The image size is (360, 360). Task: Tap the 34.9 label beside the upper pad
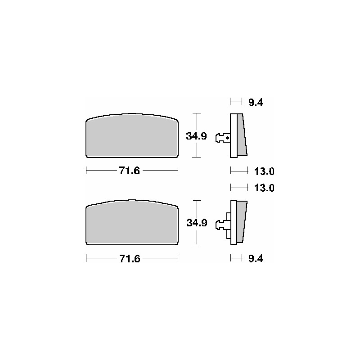pyautogui.click(x=197, y=136)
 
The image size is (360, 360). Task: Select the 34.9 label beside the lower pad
pyautogui.click(x=197, y=222)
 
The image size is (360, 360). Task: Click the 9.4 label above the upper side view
pyautogui.click(x=256, y=103)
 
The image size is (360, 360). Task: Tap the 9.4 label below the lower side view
pyautogui.click(x=256, y=258)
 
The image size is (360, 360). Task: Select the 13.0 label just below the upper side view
pyautogui.click(x=265, y=171)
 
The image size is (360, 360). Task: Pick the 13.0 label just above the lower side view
pyautogui.click(x=265, y=187)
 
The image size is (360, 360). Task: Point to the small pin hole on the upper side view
pyautogui.click(x=228, y=138)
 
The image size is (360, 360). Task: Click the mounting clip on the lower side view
pyautogui.click(x=221, y=224)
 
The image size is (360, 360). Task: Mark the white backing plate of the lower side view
pyautogui.click(x=234, y=222)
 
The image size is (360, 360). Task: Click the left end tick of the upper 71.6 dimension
pyautogui.click(x=86, y=171)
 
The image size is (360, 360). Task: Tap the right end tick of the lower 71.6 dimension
pyautogui.click(x=179, y=258)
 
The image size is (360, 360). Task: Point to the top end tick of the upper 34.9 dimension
pyautogui.click(x=196, y=113)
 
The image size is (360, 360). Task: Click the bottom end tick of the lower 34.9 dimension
pyautogui.click(x=196, y=245)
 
